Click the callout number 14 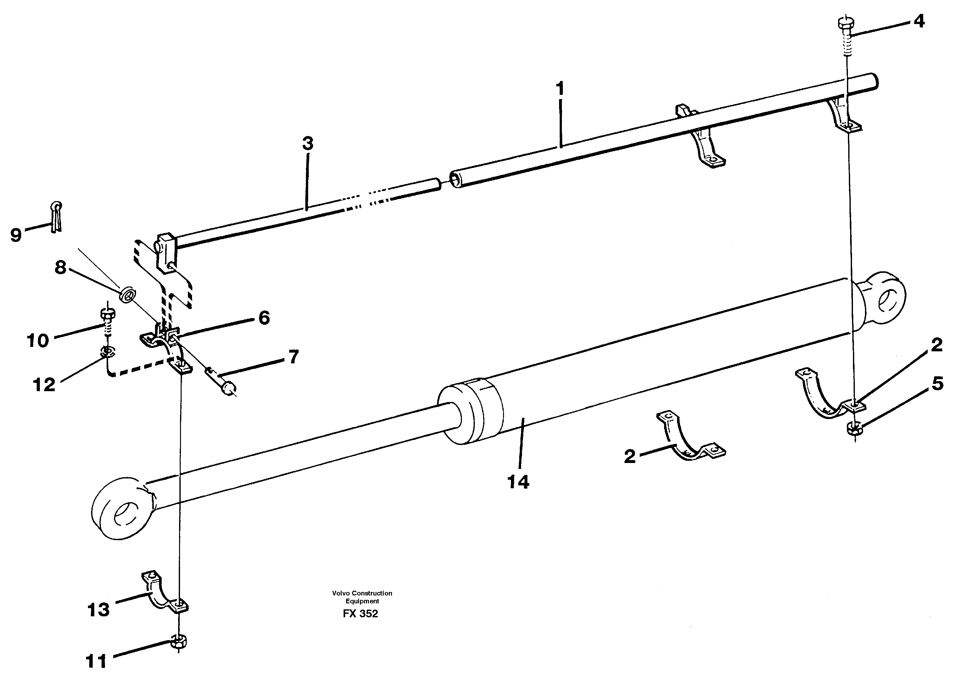tap(518, 482)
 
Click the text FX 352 tap(360, 614)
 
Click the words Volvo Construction tap(362, 593)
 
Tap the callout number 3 tap(308, 144)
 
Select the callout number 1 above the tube tap(560, 89)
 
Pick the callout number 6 tap(264, 318)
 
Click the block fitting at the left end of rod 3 tap(167, 253)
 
